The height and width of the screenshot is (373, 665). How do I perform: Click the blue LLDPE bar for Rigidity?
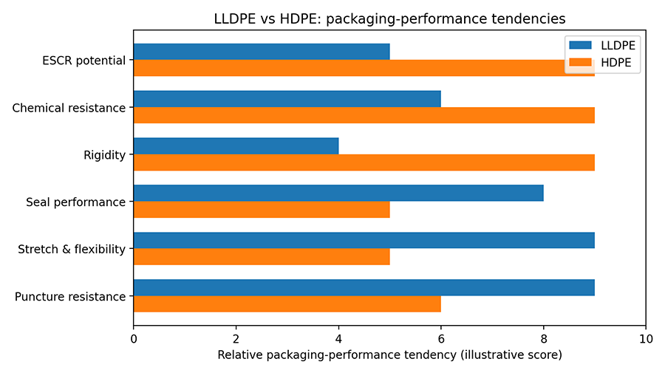click(236, 146)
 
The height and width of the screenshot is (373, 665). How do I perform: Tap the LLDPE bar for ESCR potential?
click(262, 52)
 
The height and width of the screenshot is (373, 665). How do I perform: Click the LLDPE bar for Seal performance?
click(338, 194)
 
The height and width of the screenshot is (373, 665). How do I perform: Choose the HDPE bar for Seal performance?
click(262, 210)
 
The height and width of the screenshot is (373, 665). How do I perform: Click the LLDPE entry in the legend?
click(603, 46)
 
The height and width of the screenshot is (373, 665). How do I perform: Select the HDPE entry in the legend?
click(603, 64)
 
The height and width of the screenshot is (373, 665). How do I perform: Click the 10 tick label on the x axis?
click(646, 339)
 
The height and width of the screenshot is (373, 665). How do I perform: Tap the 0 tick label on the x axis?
click(134, 339)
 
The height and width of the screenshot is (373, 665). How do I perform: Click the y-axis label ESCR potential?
click(83, 61)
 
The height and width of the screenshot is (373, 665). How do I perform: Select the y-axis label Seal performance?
click(75, 202)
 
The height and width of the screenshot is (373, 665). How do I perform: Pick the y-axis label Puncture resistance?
click(70, 297)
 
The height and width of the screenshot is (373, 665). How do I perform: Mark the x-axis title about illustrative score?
click(389, 355)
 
